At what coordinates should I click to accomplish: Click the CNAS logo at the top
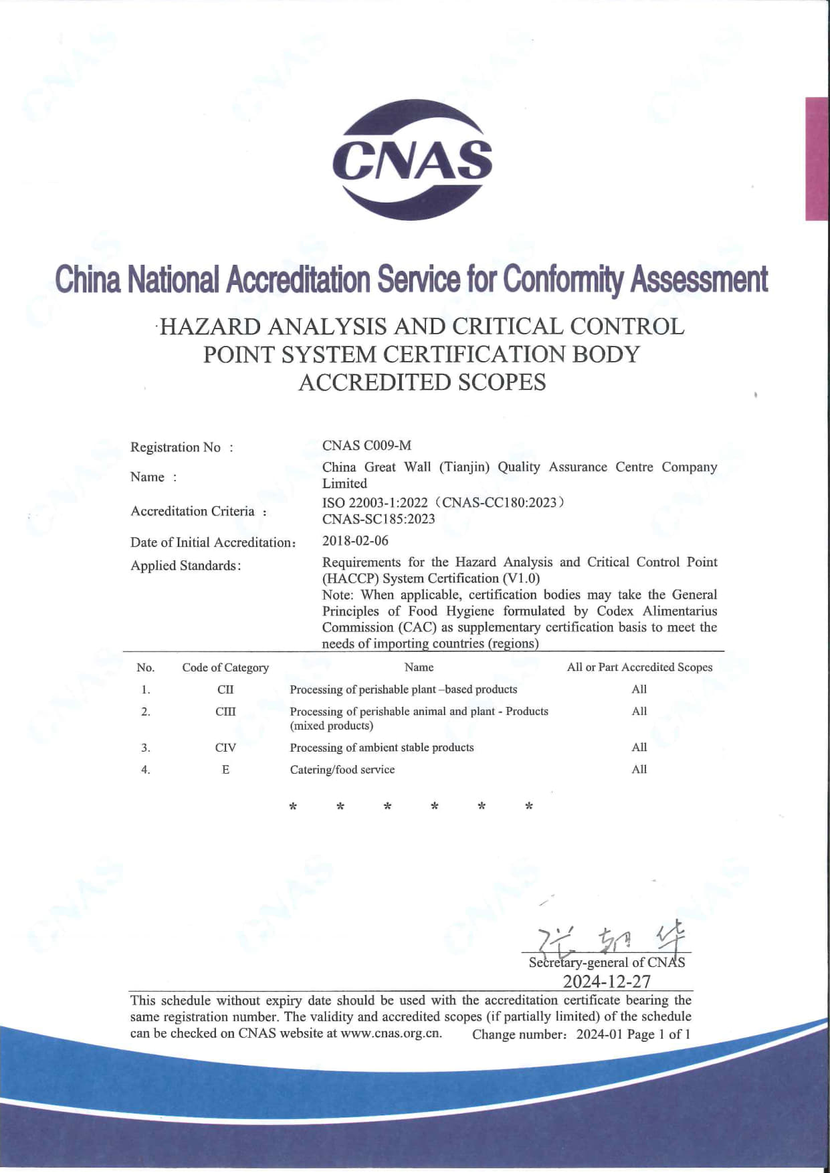pos(413,160)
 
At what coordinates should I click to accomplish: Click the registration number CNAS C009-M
pos(367,445)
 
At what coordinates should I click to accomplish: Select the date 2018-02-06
pos(355,540)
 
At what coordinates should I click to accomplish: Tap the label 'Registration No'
pos(175,447)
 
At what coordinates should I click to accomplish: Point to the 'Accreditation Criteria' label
pos(193,511)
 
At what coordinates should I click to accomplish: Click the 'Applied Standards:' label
pos(185,566)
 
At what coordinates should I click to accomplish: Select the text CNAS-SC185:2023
pos(379,519)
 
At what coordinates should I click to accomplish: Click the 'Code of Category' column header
pos(225,667)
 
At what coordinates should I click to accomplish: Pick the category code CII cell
pos(225,689)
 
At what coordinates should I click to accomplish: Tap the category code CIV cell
pos(225,748)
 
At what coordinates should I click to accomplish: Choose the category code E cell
pos(225,770)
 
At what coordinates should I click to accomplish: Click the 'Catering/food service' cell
pos(342,770)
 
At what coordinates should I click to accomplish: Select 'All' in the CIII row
pos(639,712)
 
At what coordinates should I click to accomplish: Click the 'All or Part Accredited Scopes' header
pos(639,667)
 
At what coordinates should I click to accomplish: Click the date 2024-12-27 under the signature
pos(607,981)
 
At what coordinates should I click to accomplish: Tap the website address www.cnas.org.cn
pos(391,1033)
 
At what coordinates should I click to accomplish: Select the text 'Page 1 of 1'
pos(659,1034)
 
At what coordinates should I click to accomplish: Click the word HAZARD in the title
pos(210,327)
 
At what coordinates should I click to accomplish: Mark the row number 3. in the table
pos(146,748)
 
